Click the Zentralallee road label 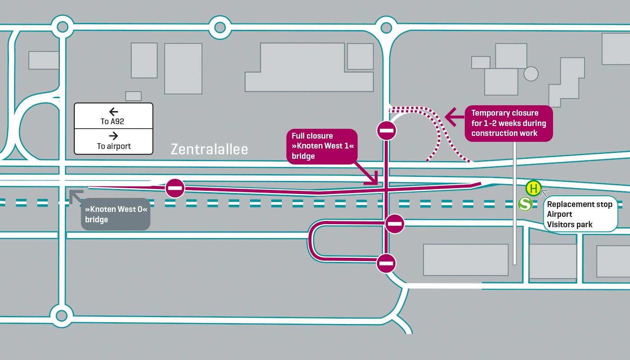[x=209, y=149]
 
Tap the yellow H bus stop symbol [x=534, y=188]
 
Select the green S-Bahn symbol [x=525, y=204]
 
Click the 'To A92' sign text [x=112, y=121]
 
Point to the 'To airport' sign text [x=113, y=146]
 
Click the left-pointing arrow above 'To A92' [x=113, y=112]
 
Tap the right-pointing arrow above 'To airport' [x=113, y=136]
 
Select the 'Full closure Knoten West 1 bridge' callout [x=322, y=146]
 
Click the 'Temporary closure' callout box [x=508, y=123]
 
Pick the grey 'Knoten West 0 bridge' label [x=116, y=215]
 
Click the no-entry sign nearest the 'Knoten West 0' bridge [x=175, y=188]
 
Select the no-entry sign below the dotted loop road [x=387, y=131]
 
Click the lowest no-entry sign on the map [x=386, y=263]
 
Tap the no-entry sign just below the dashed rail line [x=395, y=224]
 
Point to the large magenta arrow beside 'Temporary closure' [x=454, y=118]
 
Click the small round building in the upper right [x=531, y=74]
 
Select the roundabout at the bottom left [x=62, y=315]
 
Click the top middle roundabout [x=220, y=27]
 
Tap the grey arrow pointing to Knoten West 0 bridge [x=75, y=196]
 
